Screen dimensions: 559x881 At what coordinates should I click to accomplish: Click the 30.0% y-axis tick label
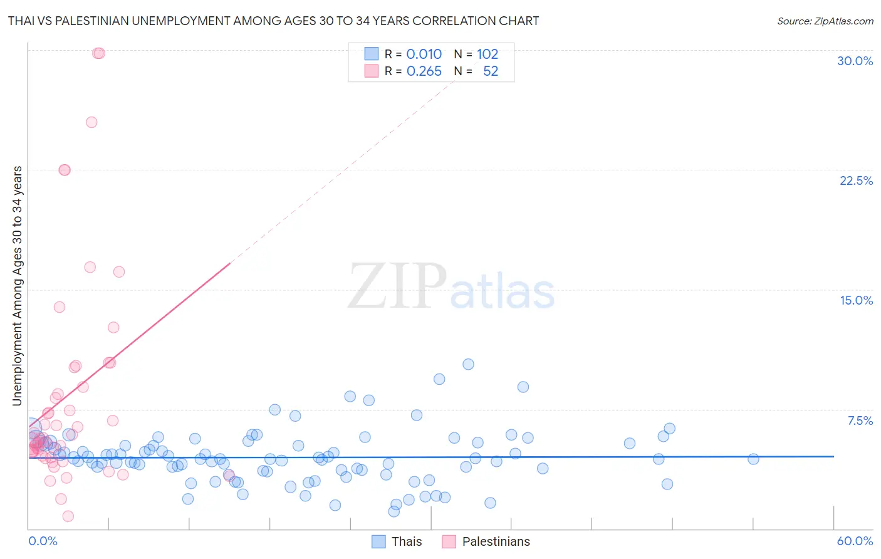pyautogui.click(x=855, y=61)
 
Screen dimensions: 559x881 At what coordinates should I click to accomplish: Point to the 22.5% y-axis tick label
pyautogui.click(x=856, y=180)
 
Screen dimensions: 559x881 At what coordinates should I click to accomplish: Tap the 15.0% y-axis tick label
pyautogui.click(x=856, y=300)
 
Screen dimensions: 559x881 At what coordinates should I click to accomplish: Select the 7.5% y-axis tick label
pyautogui.click(x=860, y=421)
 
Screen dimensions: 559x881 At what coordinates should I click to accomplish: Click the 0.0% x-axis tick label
pyautogui.click(x=43, y=541)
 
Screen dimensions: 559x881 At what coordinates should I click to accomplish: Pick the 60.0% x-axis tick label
pyautogui.click(x=854, y=541)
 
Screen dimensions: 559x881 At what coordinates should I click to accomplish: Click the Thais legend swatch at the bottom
pyautogui.click(x=378, y=541)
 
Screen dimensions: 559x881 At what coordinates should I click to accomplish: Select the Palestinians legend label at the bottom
pyautogui.click(x=496, y=541)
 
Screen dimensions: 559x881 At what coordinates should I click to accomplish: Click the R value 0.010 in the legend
pyautogui.click(x=424, y=54)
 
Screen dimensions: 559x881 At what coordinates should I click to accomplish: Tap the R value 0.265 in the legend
pyautogui.click(x=424, y=71)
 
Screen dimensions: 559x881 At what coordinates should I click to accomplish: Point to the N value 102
pyautogui.click(x=487, y=54)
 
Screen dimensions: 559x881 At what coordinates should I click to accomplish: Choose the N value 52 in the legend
pyautogui.click(x=490, y=71)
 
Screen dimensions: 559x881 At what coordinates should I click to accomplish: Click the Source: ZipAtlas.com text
pyautogui.click(x=825, y=21)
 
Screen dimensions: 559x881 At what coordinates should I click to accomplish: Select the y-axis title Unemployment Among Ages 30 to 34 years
pyautogui.click(x=18, y=286)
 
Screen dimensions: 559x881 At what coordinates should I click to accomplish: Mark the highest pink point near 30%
pyautogui.click(x=98, y=53)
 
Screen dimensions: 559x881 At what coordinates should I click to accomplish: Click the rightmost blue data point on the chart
pyautogui.click(x=753, y=459)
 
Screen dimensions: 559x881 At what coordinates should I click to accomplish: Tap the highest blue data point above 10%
pyautogui.click(x=468, y=364)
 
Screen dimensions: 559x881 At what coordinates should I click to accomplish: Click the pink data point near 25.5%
pyautogui.click(x=91, y=122)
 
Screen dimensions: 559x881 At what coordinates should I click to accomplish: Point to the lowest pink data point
pyautogui.click(x=68, y=516)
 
